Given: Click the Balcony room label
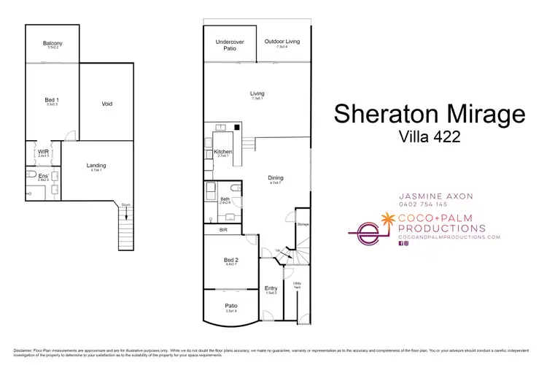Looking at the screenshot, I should [52, 44].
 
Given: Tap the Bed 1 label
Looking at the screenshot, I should [52, 99].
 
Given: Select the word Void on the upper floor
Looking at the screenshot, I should [107, 104].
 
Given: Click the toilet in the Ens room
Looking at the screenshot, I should [28, 193].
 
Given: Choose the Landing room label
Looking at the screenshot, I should [96, 166].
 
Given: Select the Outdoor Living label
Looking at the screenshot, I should [281, 42].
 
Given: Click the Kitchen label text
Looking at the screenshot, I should [222, 152].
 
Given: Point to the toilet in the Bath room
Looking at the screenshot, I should [210, 191].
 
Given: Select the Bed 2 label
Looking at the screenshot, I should [230, 259].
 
